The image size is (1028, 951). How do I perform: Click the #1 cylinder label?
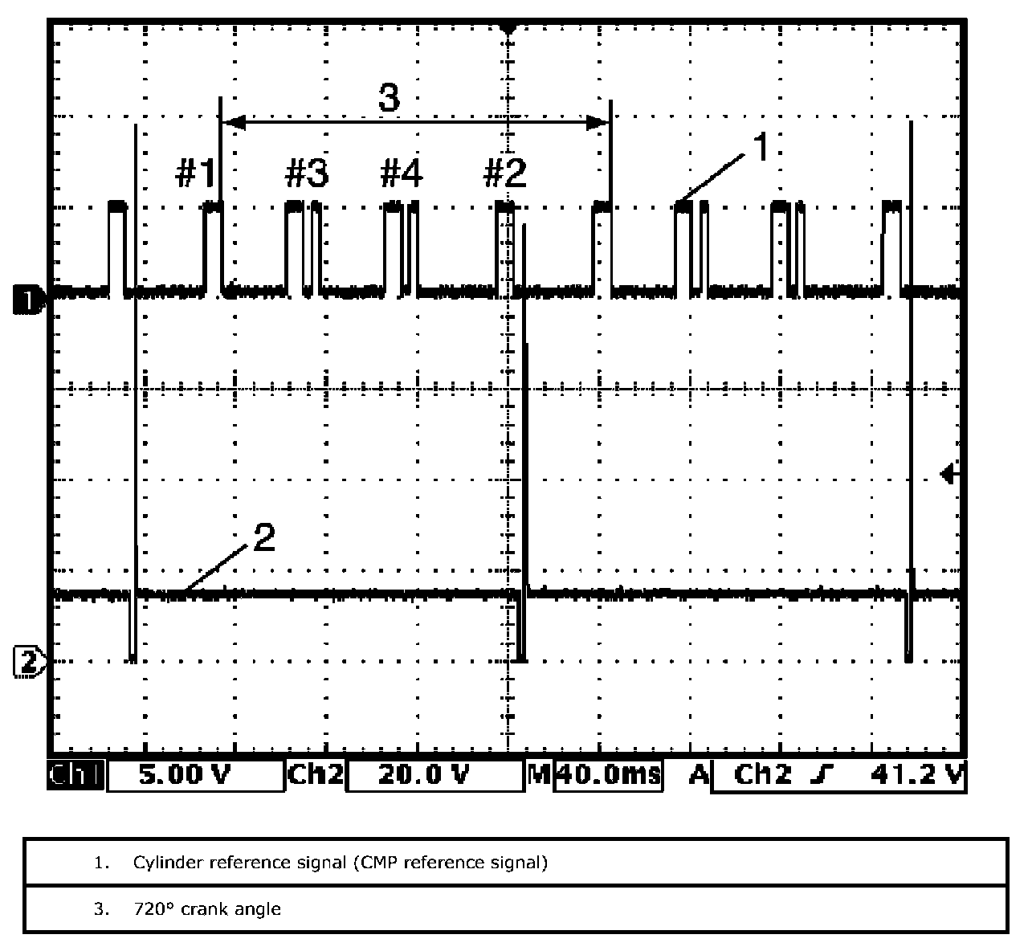(195, 173)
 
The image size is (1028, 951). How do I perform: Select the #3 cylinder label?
(307, 173)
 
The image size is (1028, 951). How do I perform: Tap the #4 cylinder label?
(402, 173)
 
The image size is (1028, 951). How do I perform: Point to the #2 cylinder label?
(504, 173)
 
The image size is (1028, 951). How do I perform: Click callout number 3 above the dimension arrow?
(390, 97)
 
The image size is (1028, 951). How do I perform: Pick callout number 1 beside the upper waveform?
(761, 146)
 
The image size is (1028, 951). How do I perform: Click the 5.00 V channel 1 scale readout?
(184, 775)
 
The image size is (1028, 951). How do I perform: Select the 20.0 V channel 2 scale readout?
(423, 775)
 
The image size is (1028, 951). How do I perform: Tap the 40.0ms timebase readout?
(610, 775)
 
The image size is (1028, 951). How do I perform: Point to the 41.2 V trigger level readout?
(916, 775)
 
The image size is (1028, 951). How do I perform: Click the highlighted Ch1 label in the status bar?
(75, 775)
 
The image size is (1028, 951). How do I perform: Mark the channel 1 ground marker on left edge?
(28, 300)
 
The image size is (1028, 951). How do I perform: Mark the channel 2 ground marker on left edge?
(28, 662)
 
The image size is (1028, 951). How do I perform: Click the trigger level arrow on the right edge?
(949, 474)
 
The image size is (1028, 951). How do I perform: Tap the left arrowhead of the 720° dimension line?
(234, 123)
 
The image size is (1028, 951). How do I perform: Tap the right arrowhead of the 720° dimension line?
(598, 123)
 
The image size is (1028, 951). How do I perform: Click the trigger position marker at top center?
(508, 28)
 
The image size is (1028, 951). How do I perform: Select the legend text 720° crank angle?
(207, 908)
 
